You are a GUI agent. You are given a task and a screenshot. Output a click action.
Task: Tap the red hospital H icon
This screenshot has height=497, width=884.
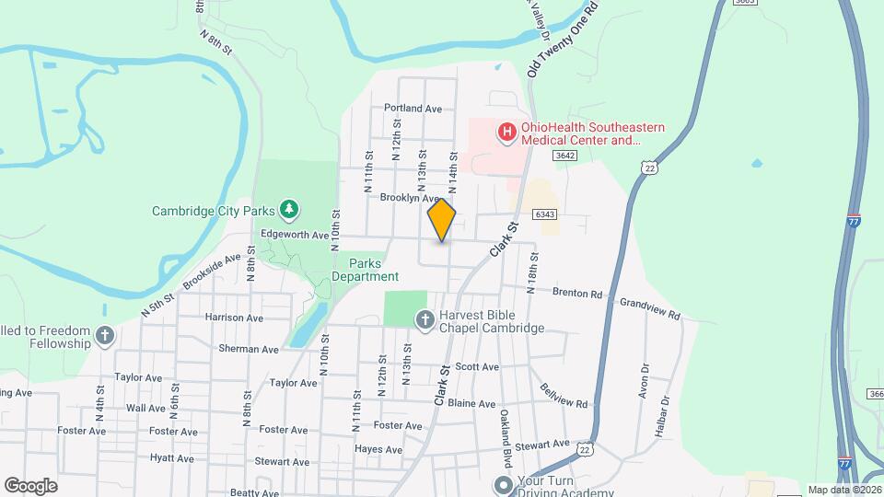[x=506, y=133]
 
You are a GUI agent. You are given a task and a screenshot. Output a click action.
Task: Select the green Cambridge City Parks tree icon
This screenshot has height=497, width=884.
[x=289, y=210]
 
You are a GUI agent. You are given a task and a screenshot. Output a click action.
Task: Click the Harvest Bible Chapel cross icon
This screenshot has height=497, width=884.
[x=425, y=320]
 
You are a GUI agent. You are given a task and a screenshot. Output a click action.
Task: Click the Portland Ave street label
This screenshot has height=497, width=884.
[x=413, y=108]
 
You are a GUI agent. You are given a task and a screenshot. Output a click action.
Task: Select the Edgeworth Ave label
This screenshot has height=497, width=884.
[x=295, y=236]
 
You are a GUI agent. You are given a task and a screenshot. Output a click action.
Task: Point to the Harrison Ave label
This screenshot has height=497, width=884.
[x=235, y=318]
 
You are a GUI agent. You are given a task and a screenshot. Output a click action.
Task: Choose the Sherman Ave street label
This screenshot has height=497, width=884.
[x=249, y=350]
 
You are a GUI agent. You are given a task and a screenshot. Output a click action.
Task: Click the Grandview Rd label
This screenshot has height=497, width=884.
[x=649, y=308]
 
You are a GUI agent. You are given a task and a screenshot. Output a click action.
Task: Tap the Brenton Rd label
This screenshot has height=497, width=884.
[x=576, y=294]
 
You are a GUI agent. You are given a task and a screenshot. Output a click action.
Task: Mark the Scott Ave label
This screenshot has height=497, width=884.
[x=477, y=366]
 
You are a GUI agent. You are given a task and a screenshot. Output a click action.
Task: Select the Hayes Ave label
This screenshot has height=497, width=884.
[x=378, y=450]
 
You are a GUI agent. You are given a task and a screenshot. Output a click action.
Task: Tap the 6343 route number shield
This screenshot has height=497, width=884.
[x=544, y=214]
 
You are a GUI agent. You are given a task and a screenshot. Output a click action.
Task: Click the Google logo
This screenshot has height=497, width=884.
[x=30, y=486]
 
